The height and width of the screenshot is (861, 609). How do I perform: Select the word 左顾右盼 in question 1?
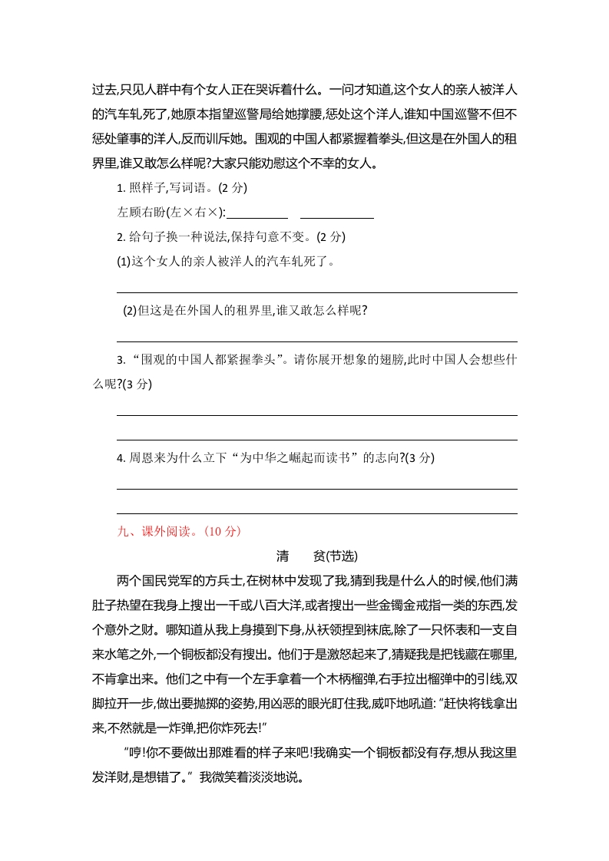[142, 212]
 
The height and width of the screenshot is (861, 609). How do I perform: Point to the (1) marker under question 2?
[124, 261]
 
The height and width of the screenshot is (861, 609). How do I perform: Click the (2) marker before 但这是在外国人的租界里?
[131, 310]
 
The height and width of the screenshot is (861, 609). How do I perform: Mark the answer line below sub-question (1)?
[316, 292]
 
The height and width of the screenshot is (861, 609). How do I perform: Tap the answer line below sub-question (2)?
[316, 341]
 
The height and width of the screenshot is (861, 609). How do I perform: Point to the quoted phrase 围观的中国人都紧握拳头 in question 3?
[206, 359]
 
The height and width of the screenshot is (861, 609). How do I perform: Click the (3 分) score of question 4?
[419, 457]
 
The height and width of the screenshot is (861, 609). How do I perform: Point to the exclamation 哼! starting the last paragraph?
[134, 754]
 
